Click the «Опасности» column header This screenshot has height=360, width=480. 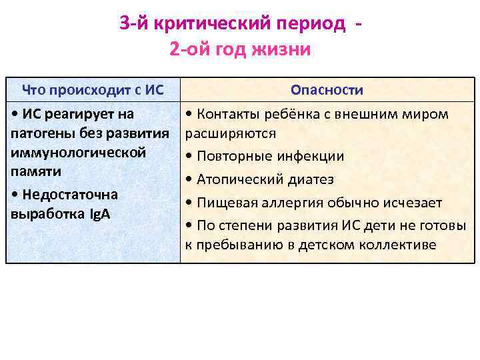[327, 90]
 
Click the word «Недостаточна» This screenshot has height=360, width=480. [70, 195]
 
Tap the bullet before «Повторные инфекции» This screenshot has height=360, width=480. [189, 157]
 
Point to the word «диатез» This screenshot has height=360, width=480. [315, 180]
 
